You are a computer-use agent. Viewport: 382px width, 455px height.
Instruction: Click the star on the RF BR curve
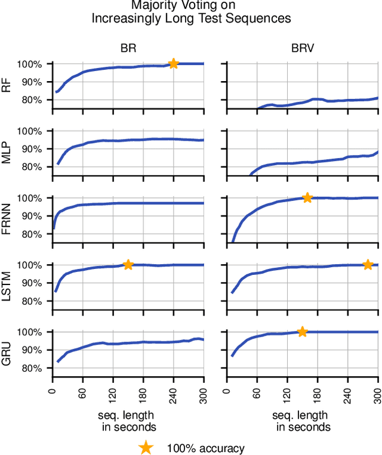173,63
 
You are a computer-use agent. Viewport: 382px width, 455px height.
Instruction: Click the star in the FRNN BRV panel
307,197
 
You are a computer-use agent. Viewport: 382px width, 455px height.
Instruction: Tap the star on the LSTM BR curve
128,264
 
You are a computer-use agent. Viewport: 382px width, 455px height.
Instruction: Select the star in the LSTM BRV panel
368,264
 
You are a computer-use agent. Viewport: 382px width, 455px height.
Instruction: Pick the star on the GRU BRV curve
302,332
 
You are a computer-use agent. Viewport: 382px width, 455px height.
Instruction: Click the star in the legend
145,447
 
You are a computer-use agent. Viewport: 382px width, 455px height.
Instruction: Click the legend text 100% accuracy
205,448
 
